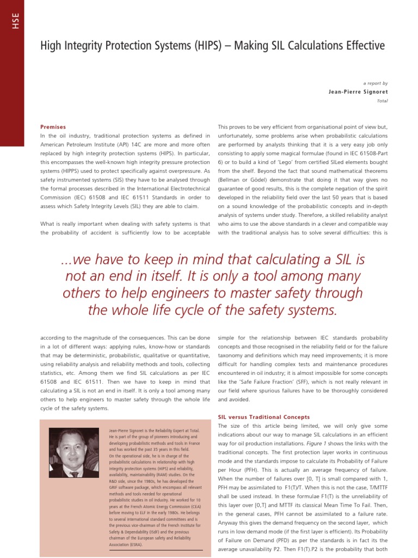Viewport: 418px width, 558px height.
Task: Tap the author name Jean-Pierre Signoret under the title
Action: coord(358,92)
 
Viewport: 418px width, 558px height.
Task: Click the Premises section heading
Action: coord(56,126)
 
